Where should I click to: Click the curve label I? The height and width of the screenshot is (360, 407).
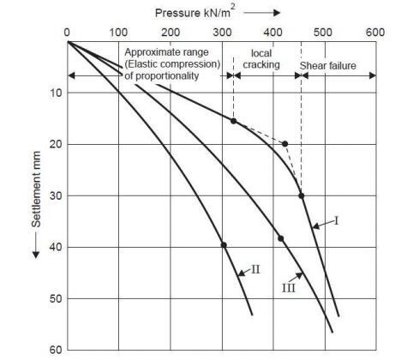pos(337,220)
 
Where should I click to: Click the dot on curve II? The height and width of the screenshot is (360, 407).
pos(224,244)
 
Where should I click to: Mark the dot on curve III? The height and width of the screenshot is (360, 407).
pos(280,237)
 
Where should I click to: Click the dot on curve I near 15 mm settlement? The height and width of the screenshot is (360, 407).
pos(233,120)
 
